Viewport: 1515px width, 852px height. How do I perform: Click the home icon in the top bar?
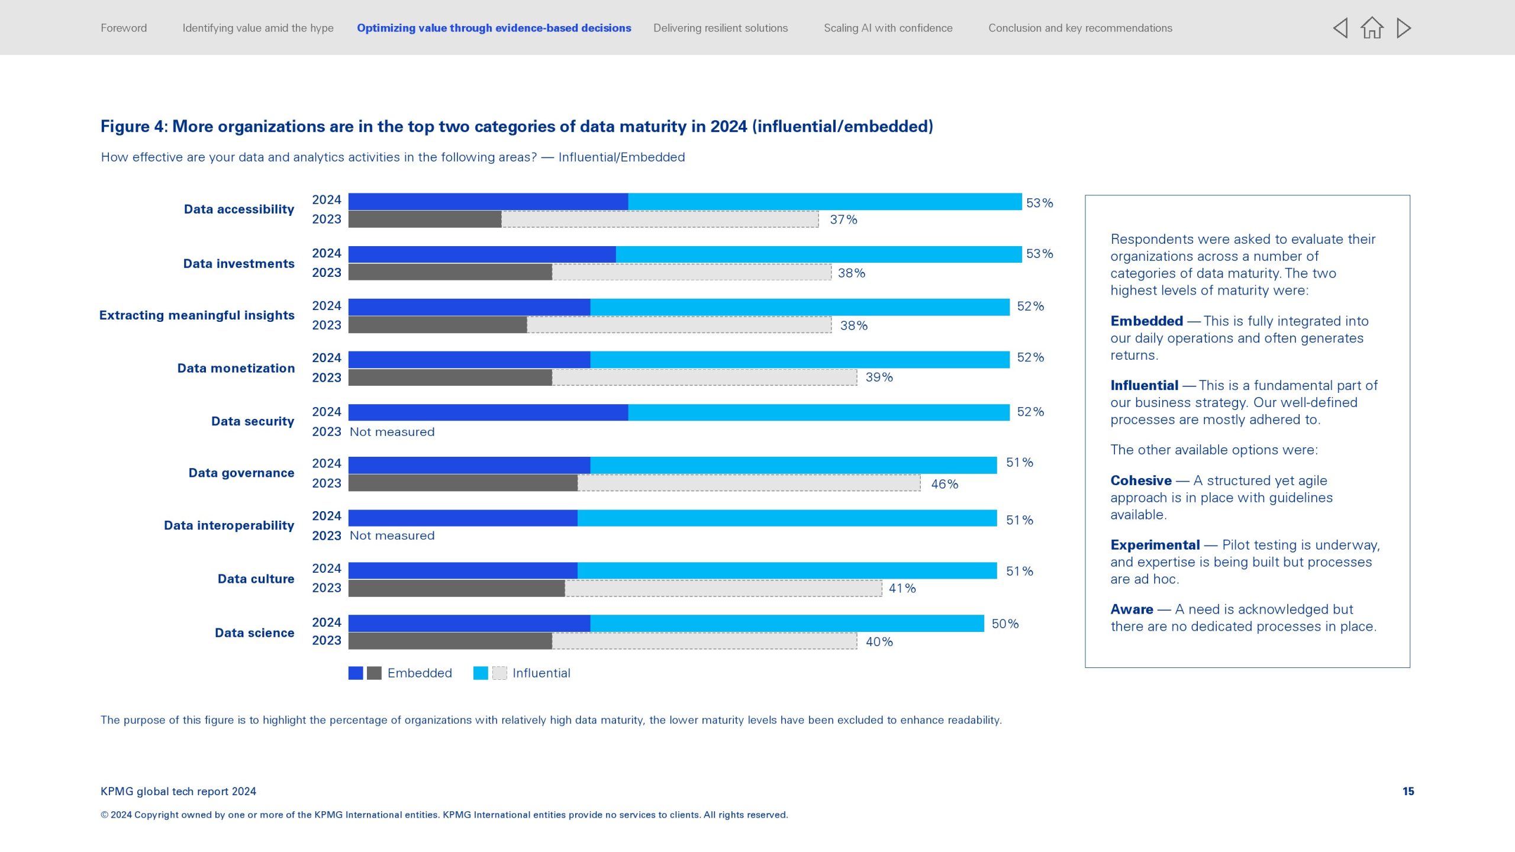click(1371, 28)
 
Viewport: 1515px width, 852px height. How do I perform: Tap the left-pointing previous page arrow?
click(1340, 28)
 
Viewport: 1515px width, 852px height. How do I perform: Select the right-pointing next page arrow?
click(1404, 28)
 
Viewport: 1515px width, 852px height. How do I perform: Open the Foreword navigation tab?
click(124, 28)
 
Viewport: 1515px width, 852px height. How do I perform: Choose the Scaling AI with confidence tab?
click(888, 28)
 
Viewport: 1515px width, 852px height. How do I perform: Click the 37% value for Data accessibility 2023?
click(843, 220)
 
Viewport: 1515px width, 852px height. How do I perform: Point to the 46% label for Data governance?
click(944, 484)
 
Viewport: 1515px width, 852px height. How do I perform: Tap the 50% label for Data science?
click(1005, 624)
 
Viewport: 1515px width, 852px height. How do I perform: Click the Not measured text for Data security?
click(392, 432)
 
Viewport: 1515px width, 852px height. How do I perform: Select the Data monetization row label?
click(236, 368)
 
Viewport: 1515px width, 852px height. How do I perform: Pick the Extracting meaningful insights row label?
click(196, 315)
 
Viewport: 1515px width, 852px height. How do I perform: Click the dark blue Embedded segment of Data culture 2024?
click(463, 571)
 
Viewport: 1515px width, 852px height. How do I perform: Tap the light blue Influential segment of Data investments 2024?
click(818, 254)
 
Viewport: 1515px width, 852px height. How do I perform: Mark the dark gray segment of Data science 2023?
click(450, 641)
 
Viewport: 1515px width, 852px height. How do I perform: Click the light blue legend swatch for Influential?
click(481, 673)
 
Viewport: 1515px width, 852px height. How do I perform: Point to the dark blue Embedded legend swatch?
click(356, 673)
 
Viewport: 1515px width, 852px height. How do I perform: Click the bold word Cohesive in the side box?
click(1140, 480)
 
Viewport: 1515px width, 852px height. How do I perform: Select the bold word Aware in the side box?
click(1132, 609)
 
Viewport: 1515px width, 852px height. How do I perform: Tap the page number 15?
click(1408, 792)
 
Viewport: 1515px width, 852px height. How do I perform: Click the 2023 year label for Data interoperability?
click(327, 536)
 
